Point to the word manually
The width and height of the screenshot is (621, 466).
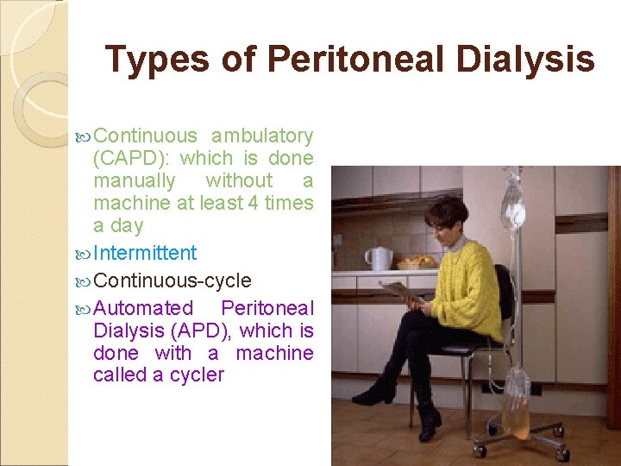(x=134, y=180)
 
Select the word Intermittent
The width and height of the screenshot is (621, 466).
(x=145, y=253)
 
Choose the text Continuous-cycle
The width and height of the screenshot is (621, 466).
(x=172, y=280)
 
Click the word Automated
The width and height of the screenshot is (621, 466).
(x=143, y=308)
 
